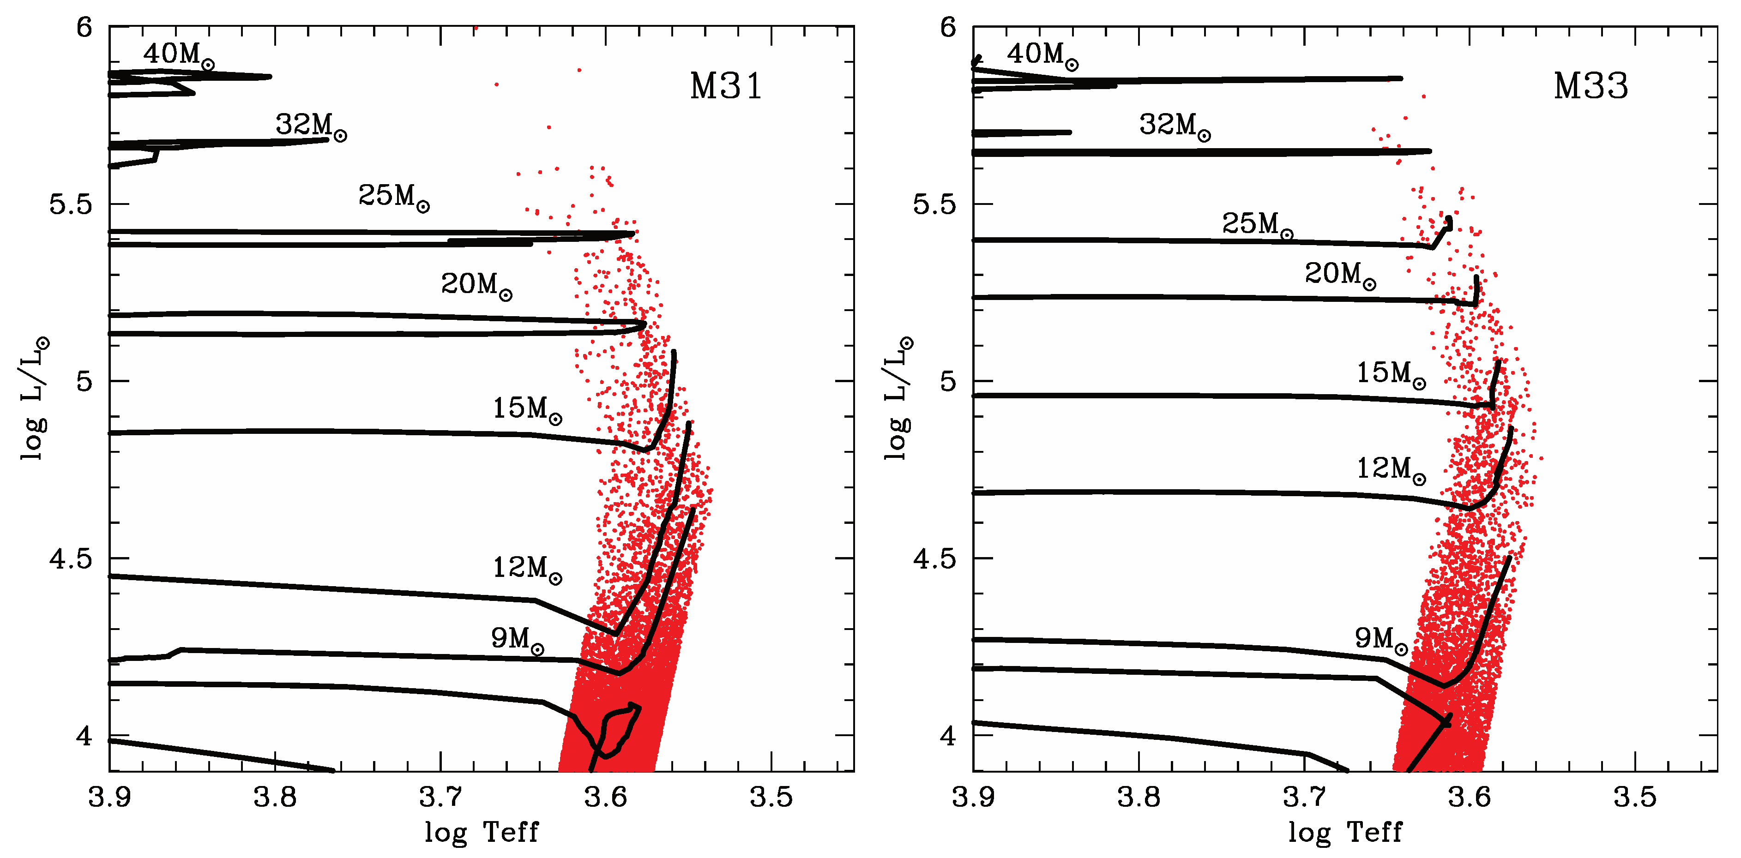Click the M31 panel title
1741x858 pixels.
point(725,86)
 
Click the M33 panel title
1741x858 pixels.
point(1590,86)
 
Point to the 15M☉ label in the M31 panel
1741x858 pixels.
point(526,409)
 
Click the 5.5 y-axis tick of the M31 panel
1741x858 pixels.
point(70,204)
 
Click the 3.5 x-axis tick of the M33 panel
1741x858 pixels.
point(1635,797)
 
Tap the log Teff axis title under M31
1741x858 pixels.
point(481,832)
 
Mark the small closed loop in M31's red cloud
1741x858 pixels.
point(618,730)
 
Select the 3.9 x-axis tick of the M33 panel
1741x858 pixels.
point(973,797)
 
